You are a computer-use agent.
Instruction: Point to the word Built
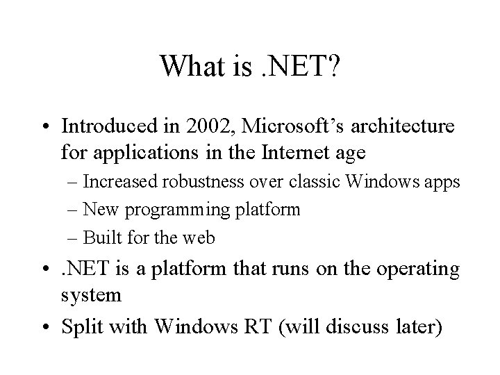pos(99,237)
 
